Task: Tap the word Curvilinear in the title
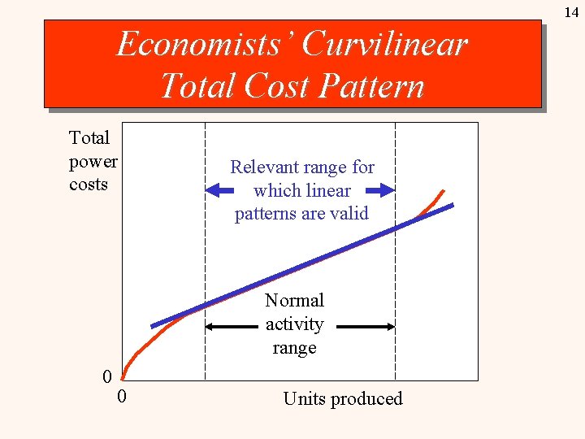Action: pos(384,44)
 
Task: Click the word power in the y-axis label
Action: pos(93,161)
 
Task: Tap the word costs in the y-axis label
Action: pos(89,185)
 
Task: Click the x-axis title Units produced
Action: pos(342,398)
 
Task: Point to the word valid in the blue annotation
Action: pos(348,214)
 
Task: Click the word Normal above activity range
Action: pos(294,301)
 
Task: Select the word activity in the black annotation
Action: pos(294,324)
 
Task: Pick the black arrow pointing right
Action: pos(366,327)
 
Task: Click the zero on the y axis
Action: pos(106,376)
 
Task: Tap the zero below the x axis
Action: pos(121,397)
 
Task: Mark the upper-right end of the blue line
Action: pos(451,206)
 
